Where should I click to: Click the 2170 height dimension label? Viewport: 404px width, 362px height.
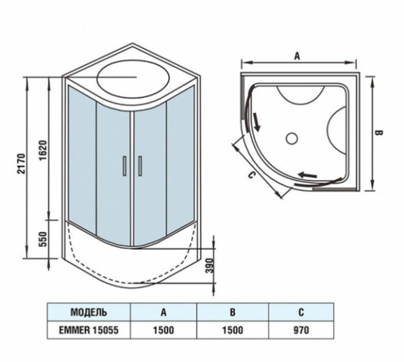pyautogui.click(x=20, y=166)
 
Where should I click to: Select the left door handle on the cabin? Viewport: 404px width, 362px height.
pyautogui.click(x=125, y=166)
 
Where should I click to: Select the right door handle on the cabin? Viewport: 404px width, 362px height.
pyautogui.click(x=140, y=166)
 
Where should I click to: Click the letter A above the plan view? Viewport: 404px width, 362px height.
pyautogui.click(x=297, y=57)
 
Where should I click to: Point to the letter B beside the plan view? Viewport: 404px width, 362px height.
pyautogui.click(x=378, y=133)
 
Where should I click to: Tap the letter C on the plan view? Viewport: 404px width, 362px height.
pyautogui.click(x=250, y=176)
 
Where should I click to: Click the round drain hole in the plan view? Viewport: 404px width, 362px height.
pyautogui.click(x=292, y=139)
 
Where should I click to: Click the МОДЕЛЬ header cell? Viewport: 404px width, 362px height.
pyautogui.click(x=88, y=312)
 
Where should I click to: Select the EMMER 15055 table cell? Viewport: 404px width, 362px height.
pyautogui.click(x=88, y=330)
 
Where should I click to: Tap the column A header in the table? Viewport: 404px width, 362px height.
pyautogui.click(x=163, y=312)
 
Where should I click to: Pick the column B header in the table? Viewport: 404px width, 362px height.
pyautogui.click(x=232, y=312)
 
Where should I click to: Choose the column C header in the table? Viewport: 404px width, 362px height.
pyautogui.click(x=301, y=312)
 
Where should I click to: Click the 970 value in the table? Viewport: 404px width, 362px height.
pyautogui.click(x=301, y=330)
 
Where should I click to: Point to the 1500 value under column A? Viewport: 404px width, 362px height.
pyautogui.click(x=163, y=330)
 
